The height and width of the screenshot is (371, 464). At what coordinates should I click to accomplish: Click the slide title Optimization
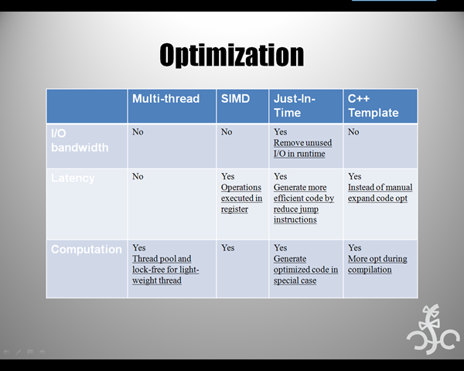(232, 56)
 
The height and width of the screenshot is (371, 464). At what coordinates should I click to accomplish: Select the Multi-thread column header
(165, 98)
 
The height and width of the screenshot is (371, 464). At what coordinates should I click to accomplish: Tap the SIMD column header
(235, 98)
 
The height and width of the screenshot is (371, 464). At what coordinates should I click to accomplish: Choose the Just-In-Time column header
(294, 106)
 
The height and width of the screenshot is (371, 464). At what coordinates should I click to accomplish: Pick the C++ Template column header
(374, 106)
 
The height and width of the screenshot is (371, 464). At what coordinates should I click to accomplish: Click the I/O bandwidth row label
(80, 140)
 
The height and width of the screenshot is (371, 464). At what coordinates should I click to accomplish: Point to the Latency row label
(73, 178)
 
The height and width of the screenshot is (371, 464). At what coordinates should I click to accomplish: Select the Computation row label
(86, 249)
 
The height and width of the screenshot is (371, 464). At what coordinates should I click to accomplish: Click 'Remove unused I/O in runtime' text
(302, 148)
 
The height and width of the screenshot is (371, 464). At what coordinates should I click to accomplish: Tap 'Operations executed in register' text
(241, 198)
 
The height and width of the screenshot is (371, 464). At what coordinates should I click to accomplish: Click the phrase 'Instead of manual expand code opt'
(380, 192)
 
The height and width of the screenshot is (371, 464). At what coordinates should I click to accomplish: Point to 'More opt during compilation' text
(377, 264)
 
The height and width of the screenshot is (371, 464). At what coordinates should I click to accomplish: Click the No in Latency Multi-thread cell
(138, 176)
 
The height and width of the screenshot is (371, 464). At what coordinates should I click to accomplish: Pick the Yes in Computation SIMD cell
(227, 247)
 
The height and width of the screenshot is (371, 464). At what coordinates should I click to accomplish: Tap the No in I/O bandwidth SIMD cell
(227, 131)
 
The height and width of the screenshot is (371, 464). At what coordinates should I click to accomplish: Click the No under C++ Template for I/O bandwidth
(353, 131)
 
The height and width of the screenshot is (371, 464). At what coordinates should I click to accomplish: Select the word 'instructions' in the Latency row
(295, 220)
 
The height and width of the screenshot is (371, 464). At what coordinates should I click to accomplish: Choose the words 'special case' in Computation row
(295, 281)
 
